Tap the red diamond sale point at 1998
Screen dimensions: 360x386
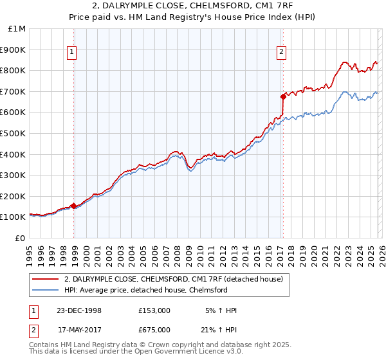[x=74, y=206]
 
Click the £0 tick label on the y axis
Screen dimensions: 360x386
[x=19, y=238]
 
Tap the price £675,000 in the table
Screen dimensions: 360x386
[x=154, y=330]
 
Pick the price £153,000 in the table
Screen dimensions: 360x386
[x=154, y=310]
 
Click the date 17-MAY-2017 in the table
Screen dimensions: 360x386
[x=78, y=330]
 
